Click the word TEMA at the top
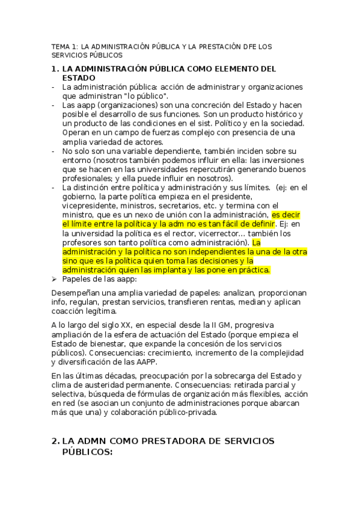pos(61,46)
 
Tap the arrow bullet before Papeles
pos(55,279)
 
